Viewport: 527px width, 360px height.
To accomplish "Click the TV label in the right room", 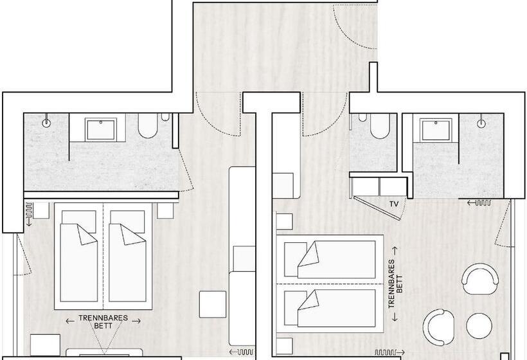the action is point(394,204).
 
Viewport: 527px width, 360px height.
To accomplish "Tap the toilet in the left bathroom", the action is point(148,126).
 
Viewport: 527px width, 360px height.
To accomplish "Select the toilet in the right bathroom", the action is point(380,126).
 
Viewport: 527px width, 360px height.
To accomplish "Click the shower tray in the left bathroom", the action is point(101,129).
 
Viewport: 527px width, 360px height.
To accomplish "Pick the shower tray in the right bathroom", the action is point(435,130).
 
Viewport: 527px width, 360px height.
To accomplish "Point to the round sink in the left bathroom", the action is point(46,123).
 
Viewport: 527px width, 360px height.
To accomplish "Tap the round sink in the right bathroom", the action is point(481,123).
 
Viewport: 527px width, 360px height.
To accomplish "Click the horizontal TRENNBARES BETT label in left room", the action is point(103,321).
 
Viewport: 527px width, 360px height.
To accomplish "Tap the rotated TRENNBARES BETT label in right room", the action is point(395,284).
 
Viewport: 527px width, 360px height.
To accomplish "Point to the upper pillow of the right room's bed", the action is point(296,260).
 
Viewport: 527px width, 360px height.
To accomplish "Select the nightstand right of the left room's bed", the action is point(165,211).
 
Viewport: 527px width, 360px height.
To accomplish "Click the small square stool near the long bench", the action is point(213,305).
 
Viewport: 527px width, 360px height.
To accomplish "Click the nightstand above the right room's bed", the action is point(284,222).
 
